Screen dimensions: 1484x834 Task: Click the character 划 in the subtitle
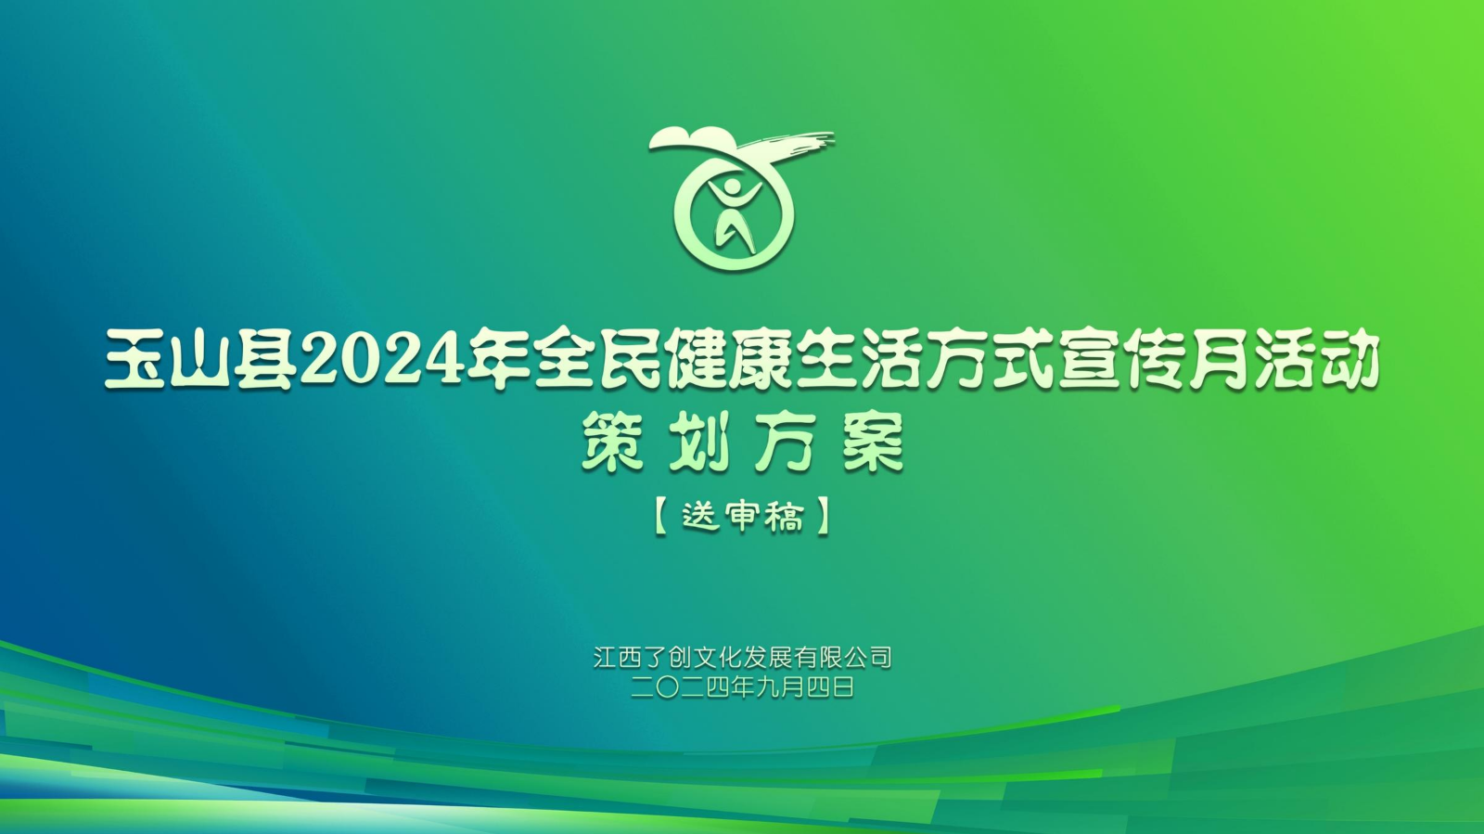(699, 442)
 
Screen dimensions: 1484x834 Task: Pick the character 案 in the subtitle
(873, 442)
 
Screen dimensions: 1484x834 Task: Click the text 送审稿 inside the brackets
(743, 517)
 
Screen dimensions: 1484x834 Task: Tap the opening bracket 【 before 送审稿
(660, 517)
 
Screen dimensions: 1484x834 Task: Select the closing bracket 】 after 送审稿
(824, 517)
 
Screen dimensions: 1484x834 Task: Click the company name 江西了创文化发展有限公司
(743, 658)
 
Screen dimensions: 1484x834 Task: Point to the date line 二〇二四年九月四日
(743, 687)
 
